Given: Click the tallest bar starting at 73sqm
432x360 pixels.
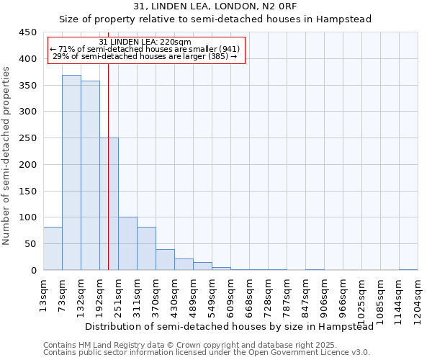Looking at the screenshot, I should (x=71, y=173).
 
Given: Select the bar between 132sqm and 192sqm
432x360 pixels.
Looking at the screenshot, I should (x=90, y=176).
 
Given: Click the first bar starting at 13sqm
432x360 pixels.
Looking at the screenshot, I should (x=53, y=248).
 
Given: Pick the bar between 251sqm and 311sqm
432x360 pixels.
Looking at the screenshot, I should (x=127, y=243).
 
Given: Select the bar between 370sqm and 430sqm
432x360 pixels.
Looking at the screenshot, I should (x=165, y=260).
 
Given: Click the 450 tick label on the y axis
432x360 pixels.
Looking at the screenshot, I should (x=27, y=32).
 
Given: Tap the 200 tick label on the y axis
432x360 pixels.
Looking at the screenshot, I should (x=27, y=165).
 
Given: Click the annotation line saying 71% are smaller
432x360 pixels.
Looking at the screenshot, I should (x=145, y=49).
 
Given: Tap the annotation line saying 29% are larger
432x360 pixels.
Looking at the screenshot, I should (x=145, y=56).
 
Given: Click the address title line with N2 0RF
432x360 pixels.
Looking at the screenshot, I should (x=215, y=6).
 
